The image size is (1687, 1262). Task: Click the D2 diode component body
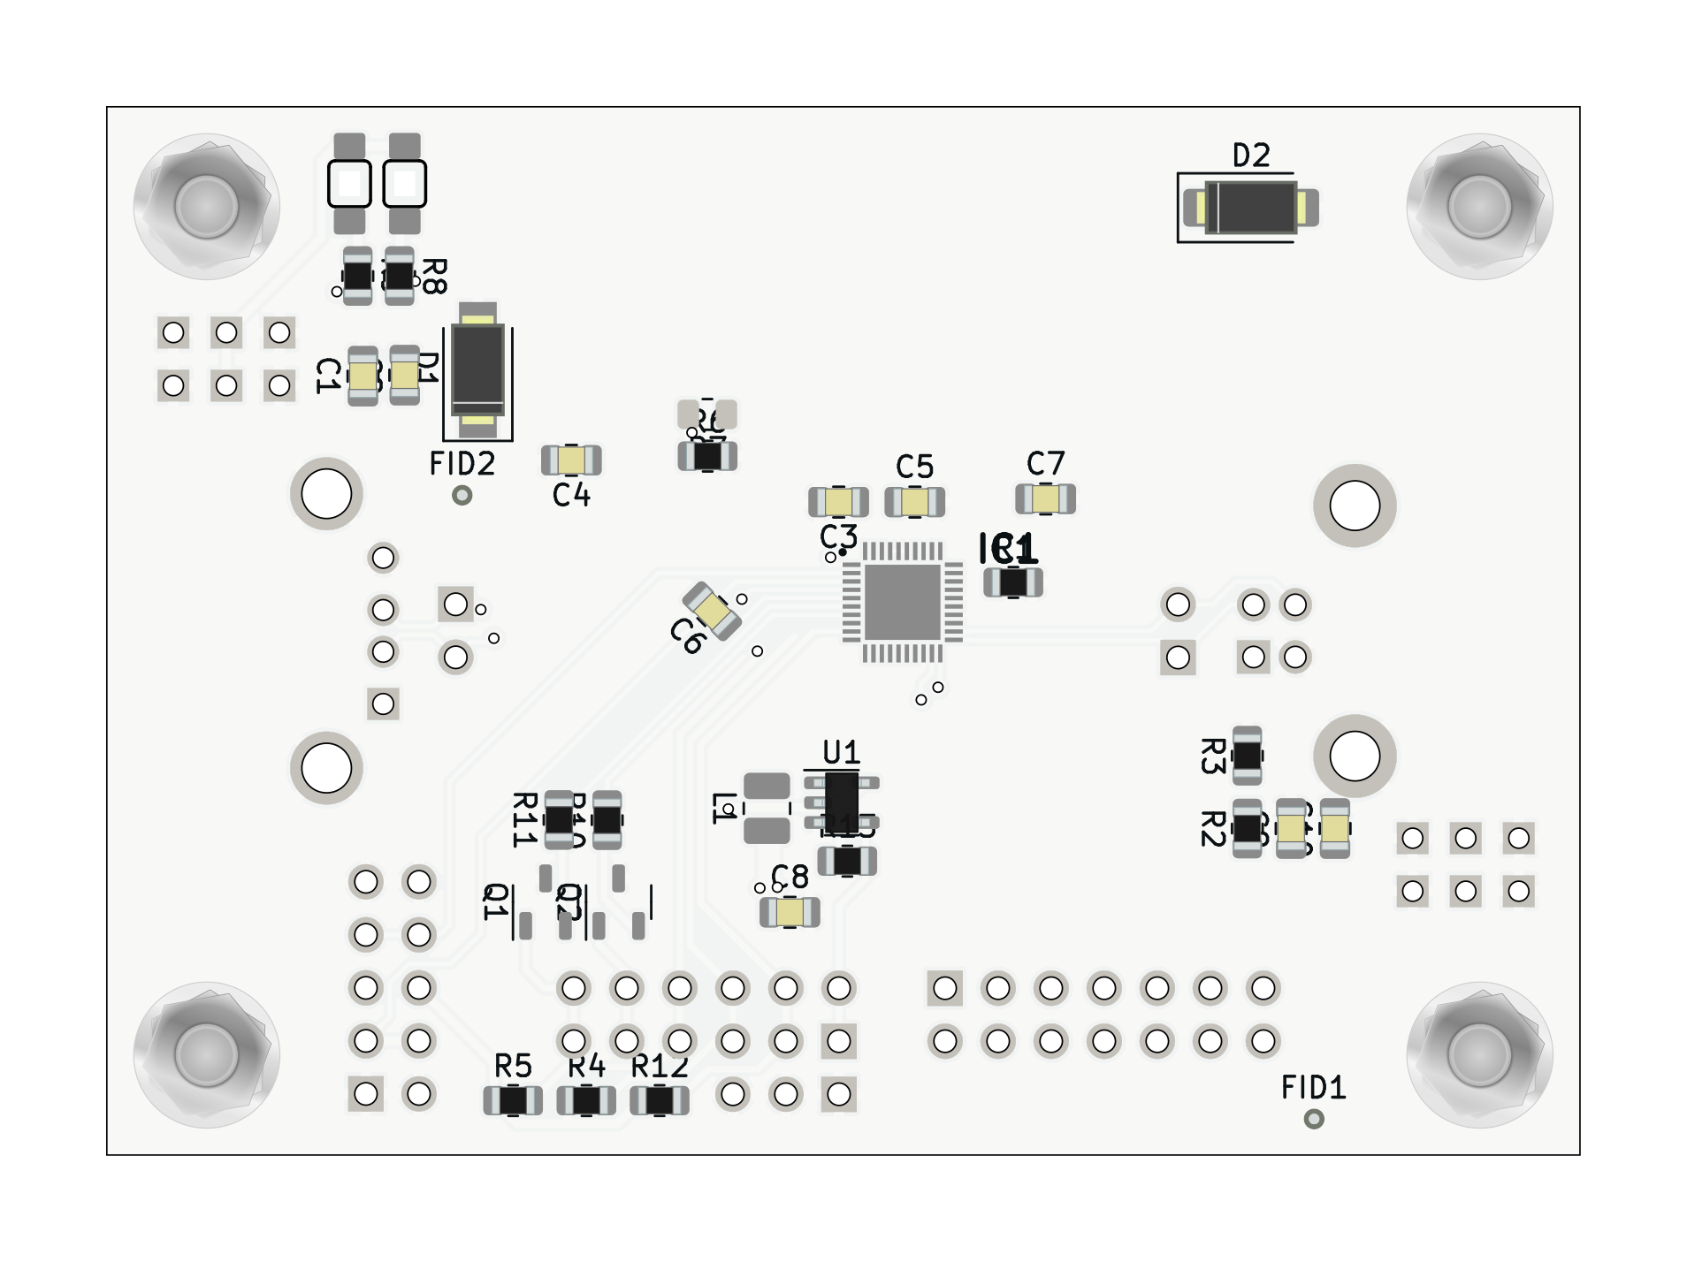[x=1251, y=208]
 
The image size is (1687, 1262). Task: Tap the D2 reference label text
[x=1251, y=156]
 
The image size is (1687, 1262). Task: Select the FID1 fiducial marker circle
[x=1314, y=1119]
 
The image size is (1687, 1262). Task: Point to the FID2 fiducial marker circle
[x=462, y=495]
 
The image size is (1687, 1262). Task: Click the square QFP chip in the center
[x=902, y=602]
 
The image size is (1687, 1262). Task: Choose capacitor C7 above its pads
[x=1045, y=499]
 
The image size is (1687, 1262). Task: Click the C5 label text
[x=914, y=467]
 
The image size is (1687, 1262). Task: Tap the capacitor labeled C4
[x=571, y=460]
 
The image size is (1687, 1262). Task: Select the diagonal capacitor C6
[x=713, y=611]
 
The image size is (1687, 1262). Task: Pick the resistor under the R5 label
[x=513, y=1101]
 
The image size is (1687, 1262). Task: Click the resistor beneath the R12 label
[x=660, y=1101]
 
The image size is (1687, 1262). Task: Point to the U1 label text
[x=841, y=753]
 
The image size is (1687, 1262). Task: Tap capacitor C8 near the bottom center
[x=790, y=912]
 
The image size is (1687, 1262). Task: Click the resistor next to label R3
[x=1247, y=756]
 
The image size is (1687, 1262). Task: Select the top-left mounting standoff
[x=207, y=207]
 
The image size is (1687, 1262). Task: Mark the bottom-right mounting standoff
[x=1479, y=1054]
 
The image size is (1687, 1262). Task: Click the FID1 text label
[x=1313, y=1088]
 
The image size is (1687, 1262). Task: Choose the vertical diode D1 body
[x=478, y=369]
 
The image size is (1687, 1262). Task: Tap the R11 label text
[x=524, y=820]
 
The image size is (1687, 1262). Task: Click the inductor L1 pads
[x=767, y=808]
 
